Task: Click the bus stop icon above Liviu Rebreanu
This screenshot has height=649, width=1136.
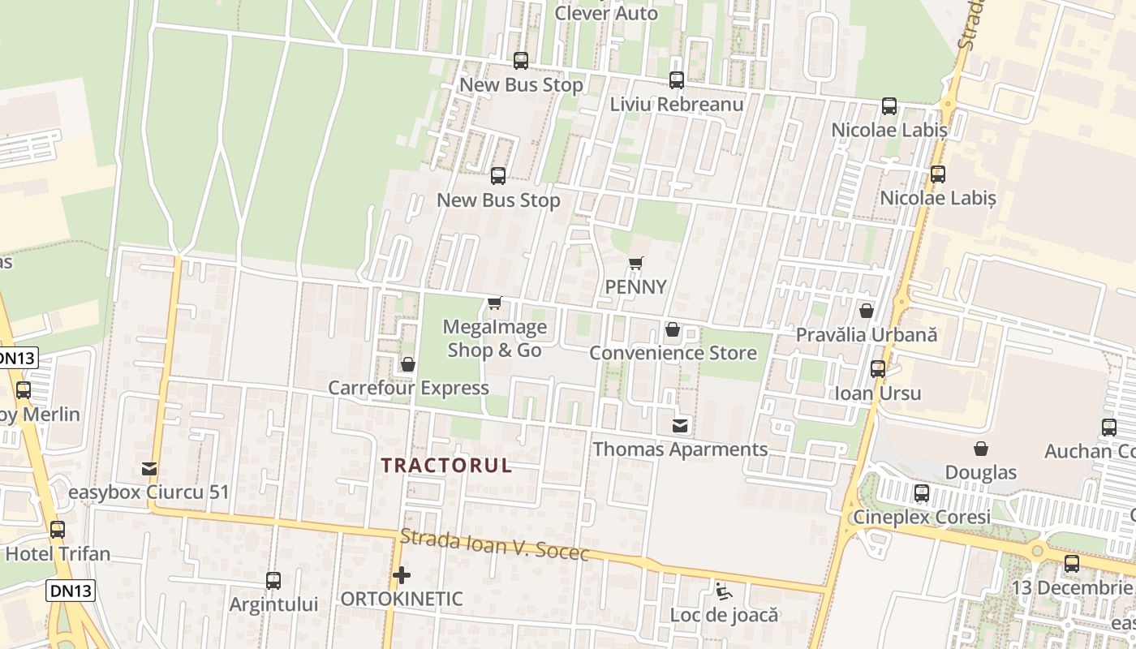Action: (x=676, y=80)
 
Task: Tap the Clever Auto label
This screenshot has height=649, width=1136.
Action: (x=606, y=14)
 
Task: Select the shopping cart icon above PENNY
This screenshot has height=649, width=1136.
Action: (x=636, y=263)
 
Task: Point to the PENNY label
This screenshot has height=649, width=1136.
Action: (x=636, y=286)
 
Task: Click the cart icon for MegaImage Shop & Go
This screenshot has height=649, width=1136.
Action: (x=494, y=303)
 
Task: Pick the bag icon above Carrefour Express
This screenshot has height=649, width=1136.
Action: (x=408, y=364)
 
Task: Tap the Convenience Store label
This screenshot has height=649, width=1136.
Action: (x=673, y=353)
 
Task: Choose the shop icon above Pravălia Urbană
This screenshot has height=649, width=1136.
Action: (x=867, y=311)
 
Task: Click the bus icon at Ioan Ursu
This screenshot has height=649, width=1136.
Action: (x=878, y=369)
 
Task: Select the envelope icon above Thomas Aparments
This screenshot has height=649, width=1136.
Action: (x=680, y=425)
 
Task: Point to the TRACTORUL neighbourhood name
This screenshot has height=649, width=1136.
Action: (x=446, y=465)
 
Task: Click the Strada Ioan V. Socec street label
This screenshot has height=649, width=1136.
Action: (x=494, y=544)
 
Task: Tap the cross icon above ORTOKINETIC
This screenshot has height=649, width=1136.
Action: (x=401, y=575)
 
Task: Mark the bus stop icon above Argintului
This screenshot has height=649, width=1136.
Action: (x=273, y=581)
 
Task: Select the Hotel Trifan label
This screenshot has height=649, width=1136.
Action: (x=58, y=554)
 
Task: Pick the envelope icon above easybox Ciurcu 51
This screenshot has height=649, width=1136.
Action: (x=149, y=468)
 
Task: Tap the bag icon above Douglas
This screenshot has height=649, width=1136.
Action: (x=981, y=449)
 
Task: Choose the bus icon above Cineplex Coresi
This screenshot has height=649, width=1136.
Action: (x=921, y=492)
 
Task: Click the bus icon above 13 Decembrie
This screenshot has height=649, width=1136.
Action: (x=1072, y=563)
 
